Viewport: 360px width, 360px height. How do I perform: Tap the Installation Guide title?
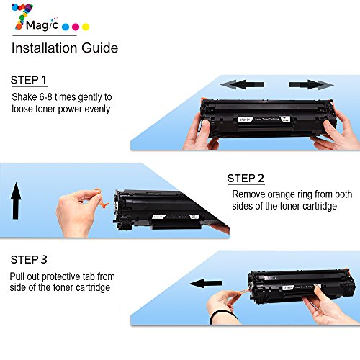(64, 49)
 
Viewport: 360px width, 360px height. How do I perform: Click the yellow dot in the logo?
(86, 27)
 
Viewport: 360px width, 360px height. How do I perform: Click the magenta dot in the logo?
(76, 27)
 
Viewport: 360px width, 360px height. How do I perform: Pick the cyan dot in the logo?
(66, 27)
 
